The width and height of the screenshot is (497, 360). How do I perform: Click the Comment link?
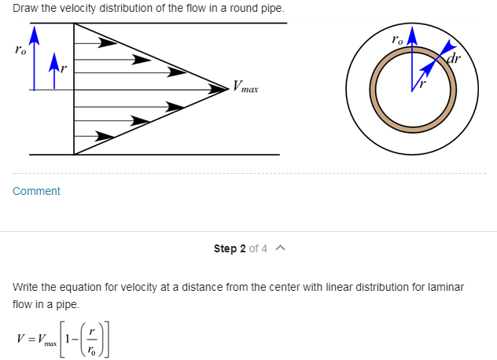click(36, 191)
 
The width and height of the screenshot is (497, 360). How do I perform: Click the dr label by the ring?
click(454, 59)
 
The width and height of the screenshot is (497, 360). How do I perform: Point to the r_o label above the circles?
click(397, 39)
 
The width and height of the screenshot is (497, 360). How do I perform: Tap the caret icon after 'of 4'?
click(281, 248)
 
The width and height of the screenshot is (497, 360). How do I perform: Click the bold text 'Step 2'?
click(230, 248)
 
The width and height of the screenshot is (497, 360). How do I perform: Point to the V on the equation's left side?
click(20, 339)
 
